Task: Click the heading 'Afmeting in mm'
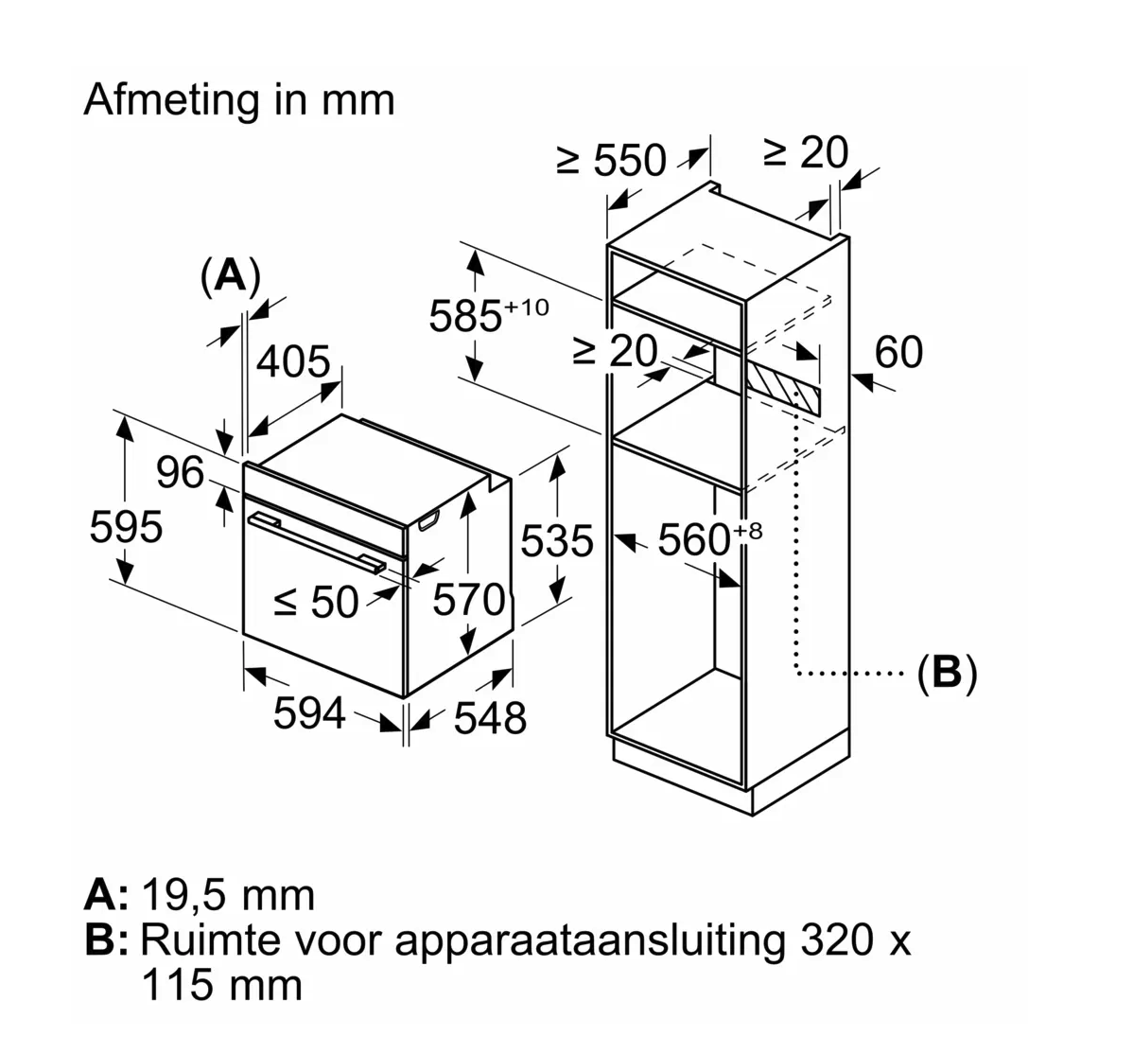239,100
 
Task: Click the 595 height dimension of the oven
126,526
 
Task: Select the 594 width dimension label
309,712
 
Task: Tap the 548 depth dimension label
489,718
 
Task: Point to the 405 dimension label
294,361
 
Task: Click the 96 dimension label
180,472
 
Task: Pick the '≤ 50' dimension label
316,602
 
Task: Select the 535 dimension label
557,541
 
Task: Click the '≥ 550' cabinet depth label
612,161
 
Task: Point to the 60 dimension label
898,352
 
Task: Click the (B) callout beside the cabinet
946,673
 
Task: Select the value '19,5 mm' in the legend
227,894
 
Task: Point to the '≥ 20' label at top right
806,152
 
